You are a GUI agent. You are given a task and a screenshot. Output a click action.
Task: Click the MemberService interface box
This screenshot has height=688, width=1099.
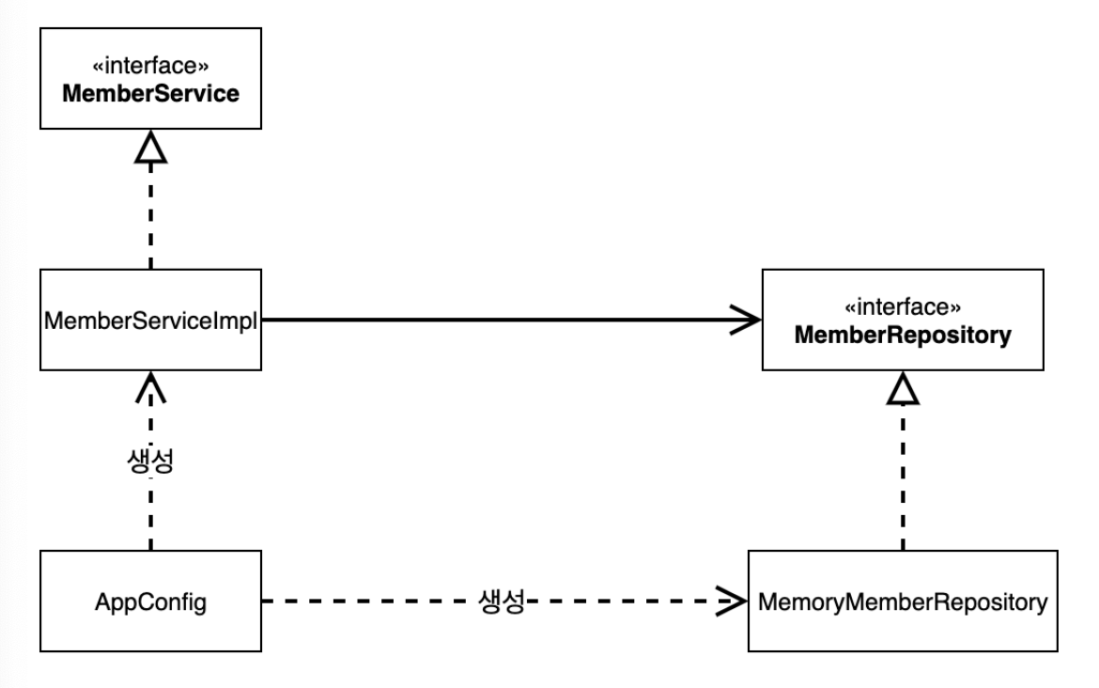[150, 79]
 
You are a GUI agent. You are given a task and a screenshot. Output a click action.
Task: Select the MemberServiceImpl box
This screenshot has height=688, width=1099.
[150, 320]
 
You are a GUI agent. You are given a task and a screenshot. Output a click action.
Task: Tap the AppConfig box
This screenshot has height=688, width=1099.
[150, 601]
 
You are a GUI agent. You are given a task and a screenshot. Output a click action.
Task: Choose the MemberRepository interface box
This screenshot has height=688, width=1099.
[903, 320]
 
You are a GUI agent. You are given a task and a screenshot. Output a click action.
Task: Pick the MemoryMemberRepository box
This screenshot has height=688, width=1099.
[903, 601]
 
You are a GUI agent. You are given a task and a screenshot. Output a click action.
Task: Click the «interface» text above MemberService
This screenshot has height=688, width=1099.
[150, 66]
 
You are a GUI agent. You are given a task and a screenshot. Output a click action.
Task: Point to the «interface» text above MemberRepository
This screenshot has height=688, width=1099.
[903, 307]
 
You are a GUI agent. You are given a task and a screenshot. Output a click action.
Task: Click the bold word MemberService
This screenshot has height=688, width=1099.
[150, 93]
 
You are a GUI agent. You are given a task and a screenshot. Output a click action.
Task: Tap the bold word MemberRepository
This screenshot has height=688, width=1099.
[903, 336]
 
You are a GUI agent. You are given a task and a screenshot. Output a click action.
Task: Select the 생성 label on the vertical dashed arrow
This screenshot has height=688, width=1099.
[150, 461]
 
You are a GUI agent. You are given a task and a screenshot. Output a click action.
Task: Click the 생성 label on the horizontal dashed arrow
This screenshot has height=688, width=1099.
[502, 602]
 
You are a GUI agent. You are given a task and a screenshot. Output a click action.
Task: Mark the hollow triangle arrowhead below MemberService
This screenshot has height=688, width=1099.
[150, 147]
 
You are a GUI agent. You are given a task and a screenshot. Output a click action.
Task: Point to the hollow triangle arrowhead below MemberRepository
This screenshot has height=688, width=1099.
[903, 388]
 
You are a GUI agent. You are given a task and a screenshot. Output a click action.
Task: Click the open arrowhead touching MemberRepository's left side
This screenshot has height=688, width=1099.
[746, 320]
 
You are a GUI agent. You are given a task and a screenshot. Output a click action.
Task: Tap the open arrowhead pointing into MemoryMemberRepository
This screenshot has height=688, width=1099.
[732, 601]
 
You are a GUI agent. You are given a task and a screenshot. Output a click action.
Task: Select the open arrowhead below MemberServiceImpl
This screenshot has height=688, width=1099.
[150, 386]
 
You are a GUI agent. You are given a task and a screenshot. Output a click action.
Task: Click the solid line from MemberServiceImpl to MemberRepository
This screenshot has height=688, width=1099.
[512, 320]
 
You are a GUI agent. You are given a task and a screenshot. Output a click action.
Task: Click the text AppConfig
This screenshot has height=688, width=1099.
[150, 602]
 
